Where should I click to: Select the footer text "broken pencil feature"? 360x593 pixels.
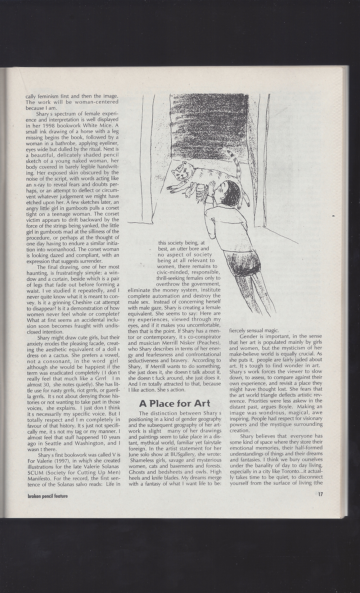coord(48,495)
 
